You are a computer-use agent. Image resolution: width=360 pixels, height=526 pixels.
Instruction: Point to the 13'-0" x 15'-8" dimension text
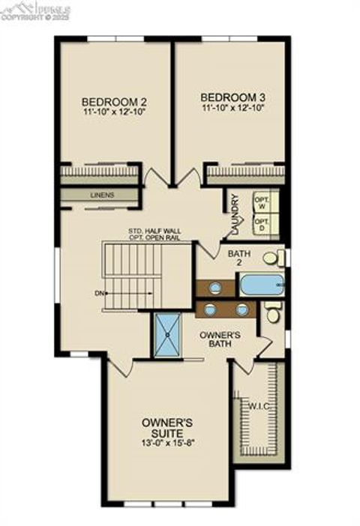pyautogui.click(x=167, y=442)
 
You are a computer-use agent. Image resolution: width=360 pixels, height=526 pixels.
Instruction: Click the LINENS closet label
pyautogui.click(x=101, y=196)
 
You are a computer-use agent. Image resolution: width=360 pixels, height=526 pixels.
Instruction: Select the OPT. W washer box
pyautogui.click(x=262, y=203)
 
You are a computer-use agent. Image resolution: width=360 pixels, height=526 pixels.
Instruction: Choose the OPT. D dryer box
pyautogui.click(x=262, y=225)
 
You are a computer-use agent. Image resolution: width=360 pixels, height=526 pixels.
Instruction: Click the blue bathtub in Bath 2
pyautogui.click(x=261, y=285)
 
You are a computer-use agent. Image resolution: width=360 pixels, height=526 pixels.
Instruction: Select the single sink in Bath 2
pyautogui.click(x=215, y=286)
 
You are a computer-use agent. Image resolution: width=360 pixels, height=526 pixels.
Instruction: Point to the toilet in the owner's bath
pyautogui.click(x=274, y=313)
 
